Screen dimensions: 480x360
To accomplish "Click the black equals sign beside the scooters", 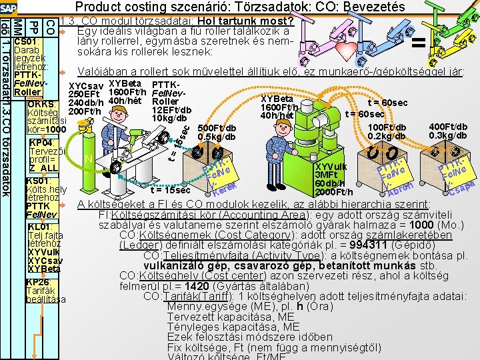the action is (x=419, y=44).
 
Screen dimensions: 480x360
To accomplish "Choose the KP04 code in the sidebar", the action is (x=41, y=143).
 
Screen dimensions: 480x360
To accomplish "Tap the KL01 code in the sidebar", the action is (x=40, y=227).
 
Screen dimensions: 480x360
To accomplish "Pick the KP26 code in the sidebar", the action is (x=40, y=282).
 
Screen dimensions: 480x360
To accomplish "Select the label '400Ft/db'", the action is (x=448, y=127).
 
